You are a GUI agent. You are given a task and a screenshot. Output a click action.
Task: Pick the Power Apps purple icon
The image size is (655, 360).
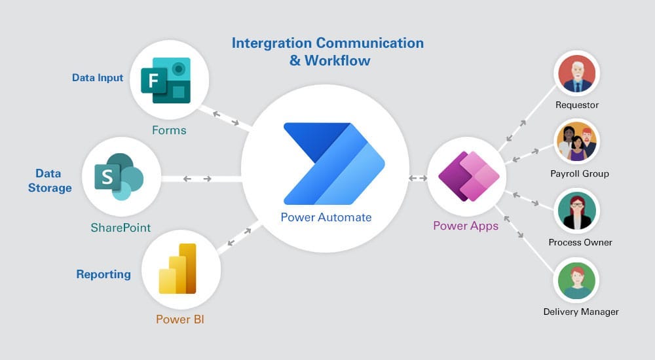[468, 176]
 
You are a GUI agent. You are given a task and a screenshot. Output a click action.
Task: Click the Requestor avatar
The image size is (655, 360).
[576, 73]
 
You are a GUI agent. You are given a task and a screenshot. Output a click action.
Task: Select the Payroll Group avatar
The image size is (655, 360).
[576, 141]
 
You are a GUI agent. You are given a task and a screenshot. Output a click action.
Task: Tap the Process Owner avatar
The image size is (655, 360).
[576, 210]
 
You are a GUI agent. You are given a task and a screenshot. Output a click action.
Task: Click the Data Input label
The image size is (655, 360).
[98, 78]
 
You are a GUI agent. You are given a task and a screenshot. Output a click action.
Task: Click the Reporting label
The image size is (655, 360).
[103, 274]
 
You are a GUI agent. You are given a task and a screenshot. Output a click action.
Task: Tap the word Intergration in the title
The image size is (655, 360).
[271, 43]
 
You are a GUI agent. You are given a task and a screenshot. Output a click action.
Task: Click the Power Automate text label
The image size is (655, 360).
[326, 217]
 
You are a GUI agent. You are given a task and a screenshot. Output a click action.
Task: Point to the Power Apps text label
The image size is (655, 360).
[466, 226]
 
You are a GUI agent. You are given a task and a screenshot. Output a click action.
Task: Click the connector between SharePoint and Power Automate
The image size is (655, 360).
[197, 179]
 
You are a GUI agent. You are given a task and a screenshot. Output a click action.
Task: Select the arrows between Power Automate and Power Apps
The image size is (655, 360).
[418, 178]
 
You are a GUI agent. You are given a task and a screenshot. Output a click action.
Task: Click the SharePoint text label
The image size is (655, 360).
[121, 228]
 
